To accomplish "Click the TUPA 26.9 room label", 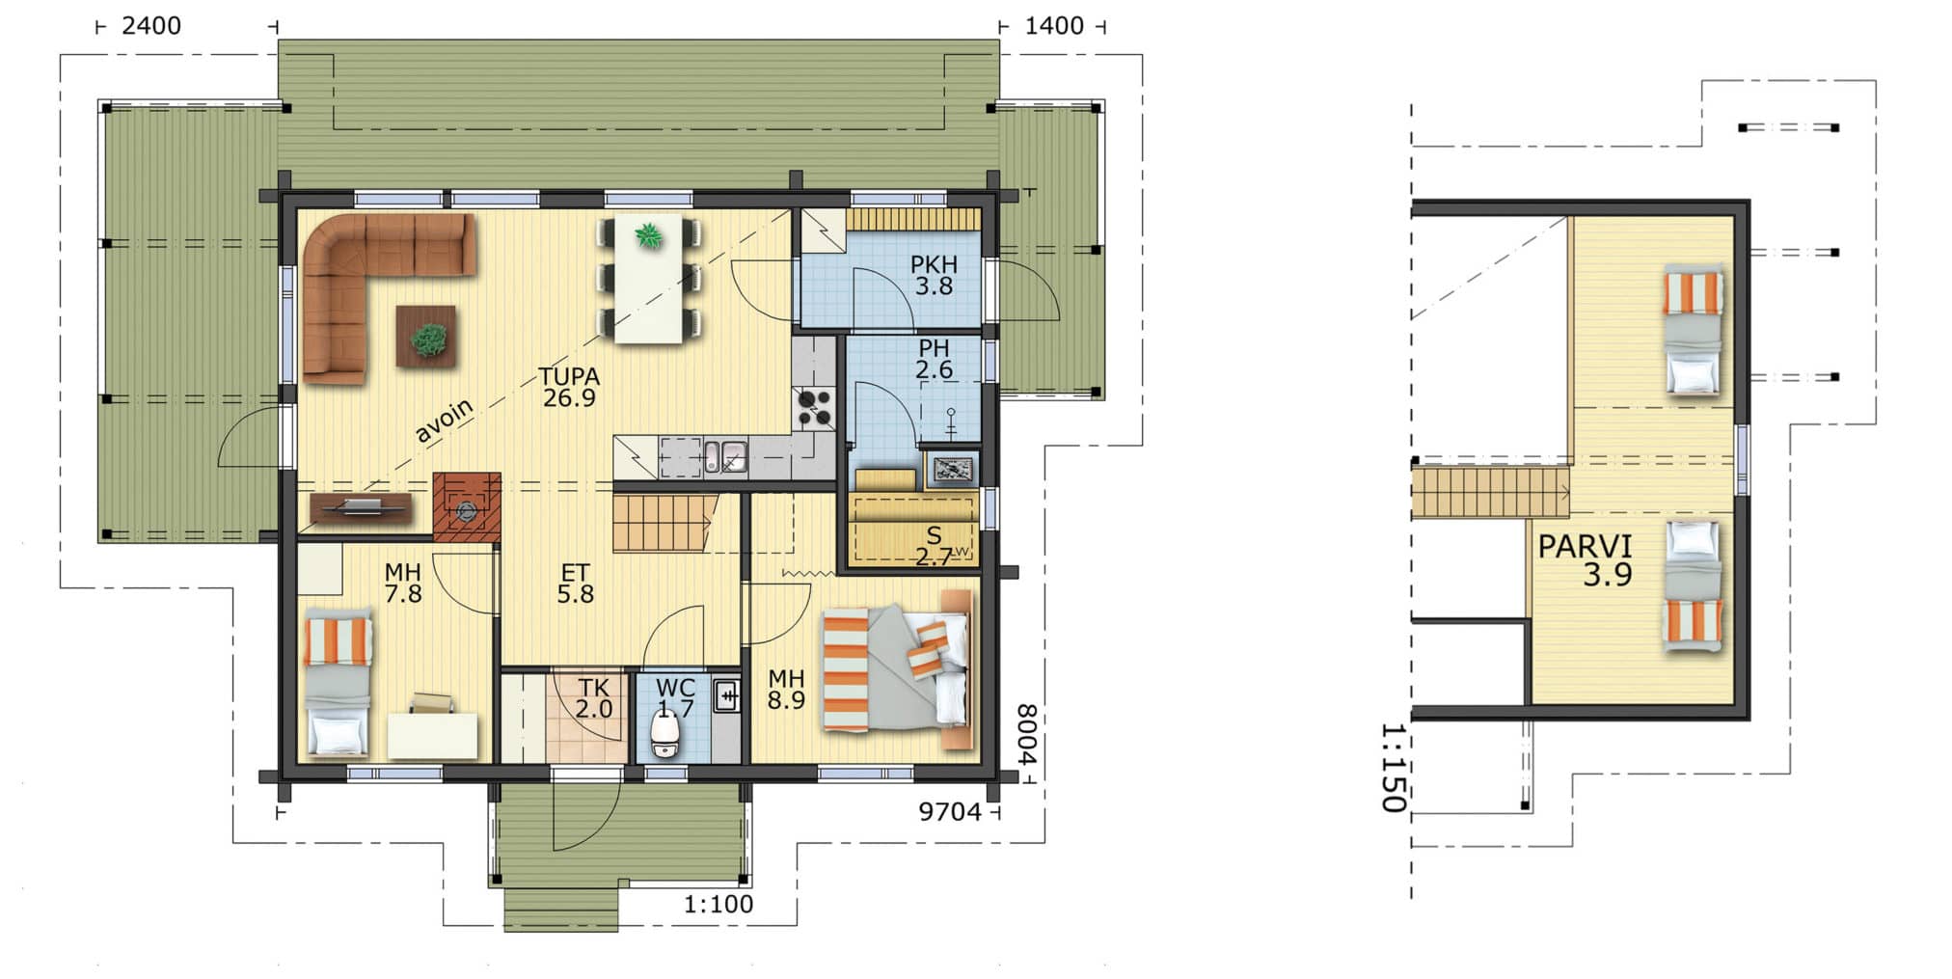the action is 569,387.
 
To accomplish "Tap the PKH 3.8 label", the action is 934,275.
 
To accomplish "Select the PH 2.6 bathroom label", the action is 934,358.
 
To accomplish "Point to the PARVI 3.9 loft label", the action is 1585,560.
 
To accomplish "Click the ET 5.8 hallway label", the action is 575,585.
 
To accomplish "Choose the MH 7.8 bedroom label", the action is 402,584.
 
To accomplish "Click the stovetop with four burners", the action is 813,408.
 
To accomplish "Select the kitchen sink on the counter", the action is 724,456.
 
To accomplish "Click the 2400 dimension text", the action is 151,26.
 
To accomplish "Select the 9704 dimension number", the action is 949,812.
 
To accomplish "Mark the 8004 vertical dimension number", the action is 1027,735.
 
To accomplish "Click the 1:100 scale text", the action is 718,905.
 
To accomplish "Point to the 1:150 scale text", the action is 1394,768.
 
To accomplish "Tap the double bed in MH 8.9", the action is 896,668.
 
